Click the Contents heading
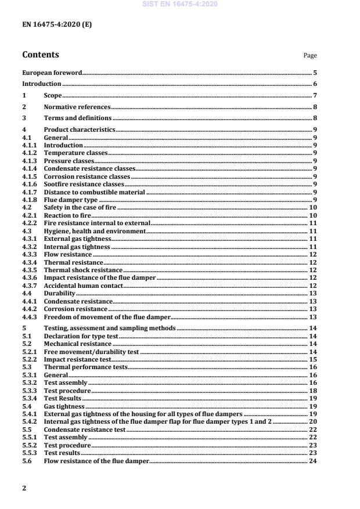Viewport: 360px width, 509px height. click(x=41, y=55)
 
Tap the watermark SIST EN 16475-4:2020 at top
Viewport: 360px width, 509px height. click(x=180, y=5)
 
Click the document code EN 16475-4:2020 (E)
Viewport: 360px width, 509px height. click(x=56, y=25)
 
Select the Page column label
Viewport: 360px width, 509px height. click(x=310, y=56)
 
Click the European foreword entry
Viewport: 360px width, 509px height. click(x=52, y=73)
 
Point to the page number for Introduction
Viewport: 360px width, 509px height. click(x=314, y=84)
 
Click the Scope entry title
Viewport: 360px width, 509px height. click(x=53, y=95)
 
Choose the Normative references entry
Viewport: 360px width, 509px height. click(x=77, y=107)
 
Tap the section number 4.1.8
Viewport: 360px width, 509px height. click(x=30, y=199)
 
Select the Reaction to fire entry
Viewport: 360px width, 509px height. click(x=68, y=215)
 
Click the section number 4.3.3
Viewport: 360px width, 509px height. click(x=30, y=254)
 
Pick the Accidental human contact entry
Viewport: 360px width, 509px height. click(x=83, y=286)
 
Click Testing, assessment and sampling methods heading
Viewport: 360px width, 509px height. click(x=110, y=328)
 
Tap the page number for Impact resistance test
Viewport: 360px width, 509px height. click(x=312, y=360)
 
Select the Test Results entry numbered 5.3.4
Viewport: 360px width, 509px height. click(x=63, y=399)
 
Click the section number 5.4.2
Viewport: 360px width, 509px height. click(x=30, y=422)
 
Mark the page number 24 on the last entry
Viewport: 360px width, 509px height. click(x=312, y=461)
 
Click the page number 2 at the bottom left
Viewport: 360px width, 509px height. click(x=24, y=488)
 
